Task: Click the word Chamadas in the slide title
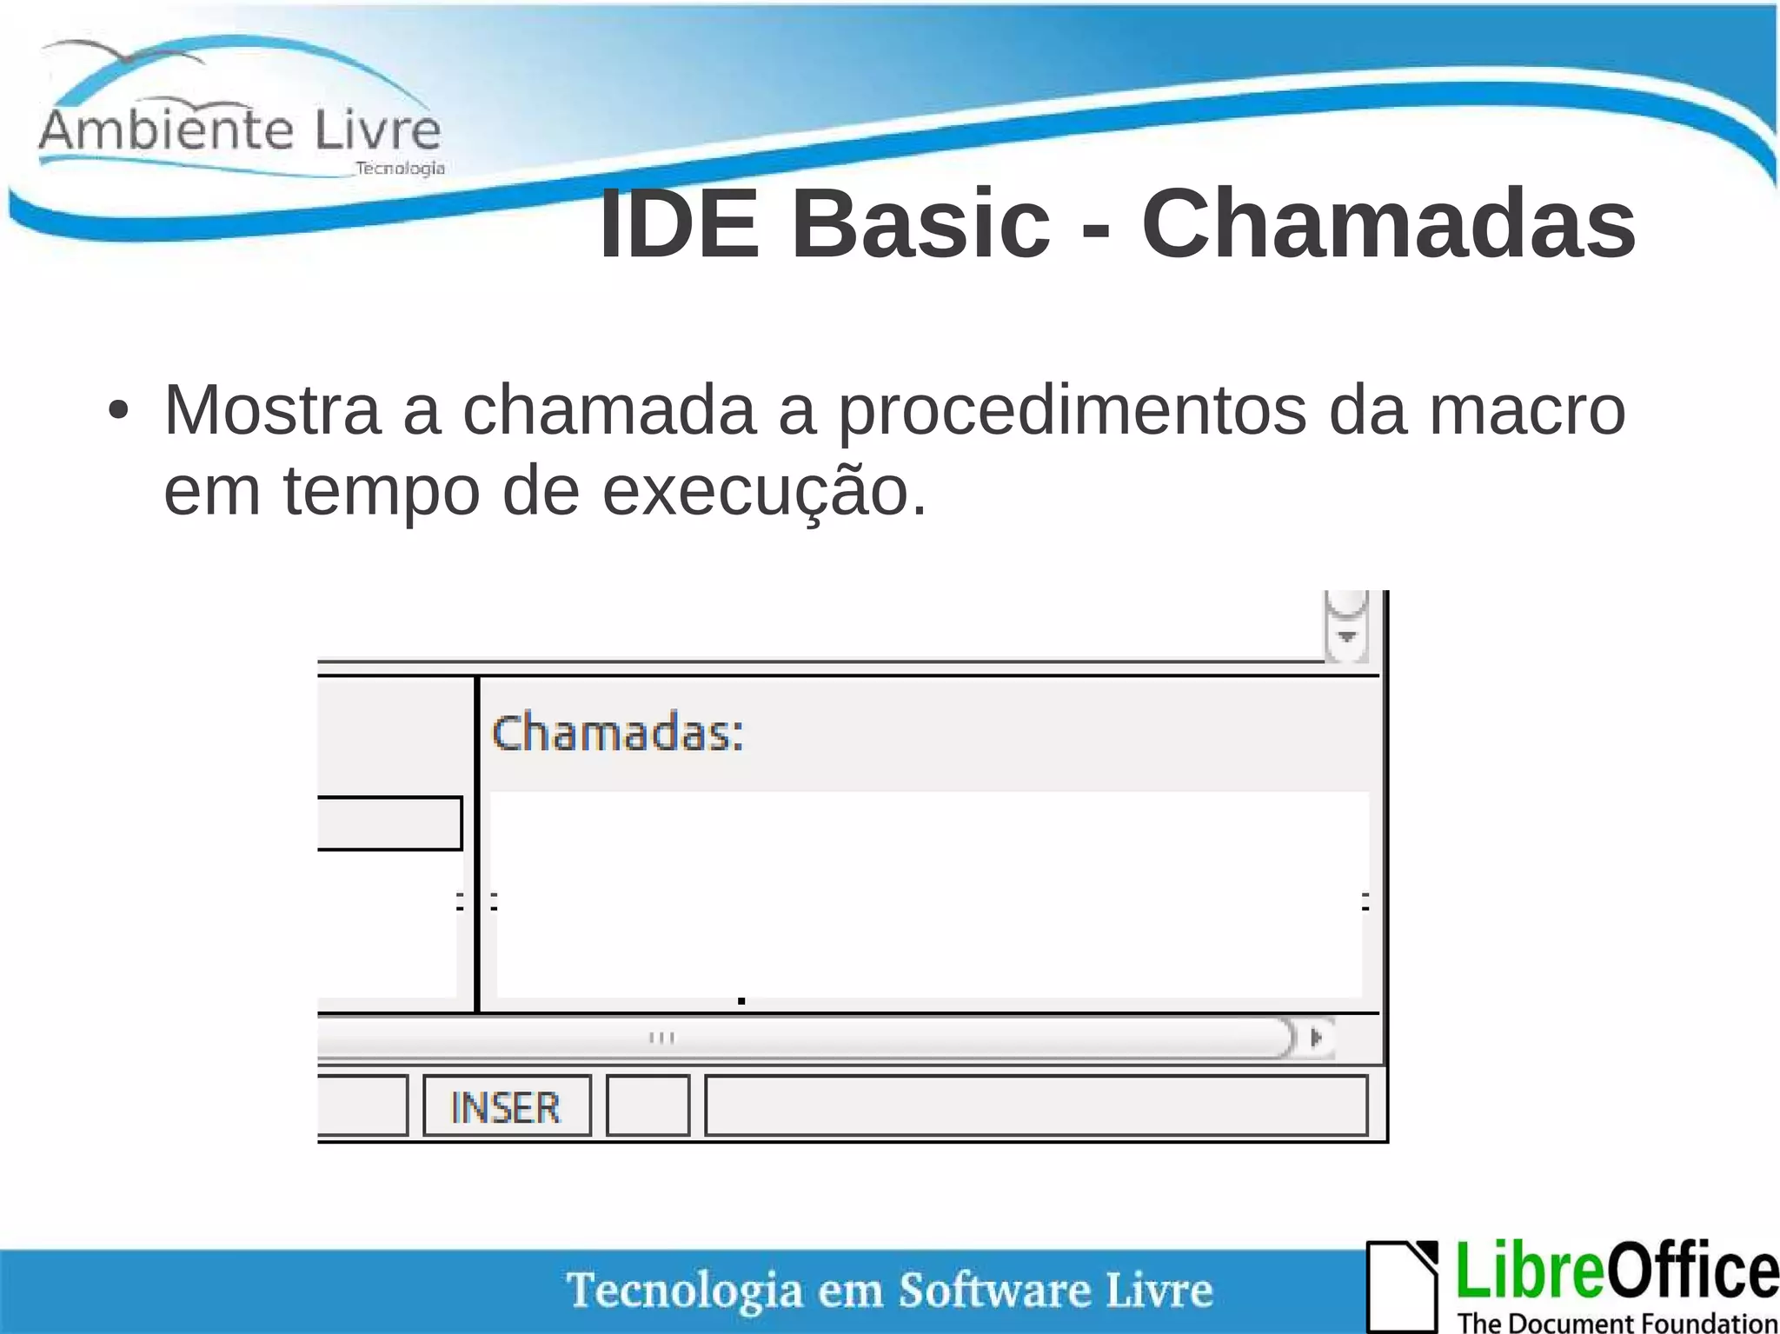point(1388,225)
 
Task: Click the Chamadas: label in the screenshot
point(618,733)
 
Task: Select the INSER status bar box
point(507,1106)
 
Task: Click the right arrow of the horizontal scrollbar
point(1316,1037)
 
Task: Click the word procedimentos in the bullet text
point(1071,410)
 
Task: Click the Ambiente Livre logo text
point(240,130)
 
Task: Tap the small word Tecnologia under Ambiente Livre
point(400,169)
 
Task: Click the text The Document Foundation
point(1617,1322)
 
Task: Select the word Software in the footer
point(993,1290)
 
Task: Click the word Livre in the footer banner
point(1159,1290)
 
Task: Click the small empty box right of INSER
point(648,1105)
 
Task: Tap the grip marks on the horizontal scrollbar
point(662,1037)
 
